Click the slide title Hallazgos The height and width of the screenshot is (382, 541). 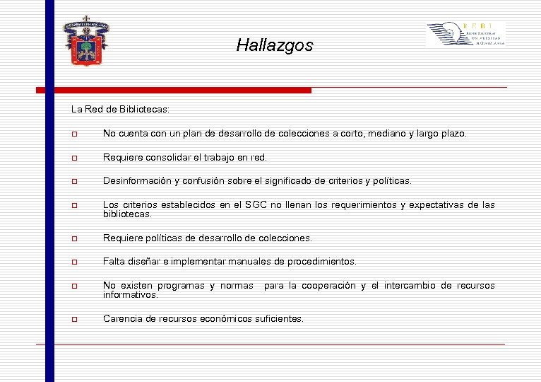point(274,46)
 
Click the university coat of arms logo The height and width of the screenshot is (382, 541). point(86,40)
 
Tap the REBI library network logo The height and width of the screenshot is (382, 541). point(465,34)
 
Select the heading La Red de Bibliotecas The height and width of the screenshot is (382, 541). point(120,110)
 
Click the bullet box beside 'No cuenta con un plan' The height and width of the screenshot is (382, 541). point(75,134)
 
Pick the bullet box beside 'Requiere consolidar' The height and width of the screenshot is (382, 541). point(75,158)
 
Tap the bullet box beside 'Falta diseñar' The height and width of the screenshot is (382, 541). point(75,262)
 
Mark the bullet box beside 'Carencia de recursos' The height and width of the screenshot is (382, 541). point(75,320)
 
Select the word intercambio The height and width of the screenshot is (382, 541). point(403,286)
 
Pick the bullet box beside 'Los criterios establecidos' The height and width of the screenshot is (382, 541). point(75,206)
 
